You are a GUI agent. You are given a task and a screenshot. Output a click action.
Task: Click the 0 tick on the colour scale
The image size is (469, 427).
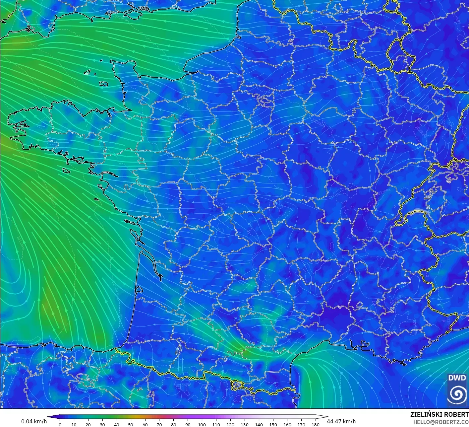click(60, 424)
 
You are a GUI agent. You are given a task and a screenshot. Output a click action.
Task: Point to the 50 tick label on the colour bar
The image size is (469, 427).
click(131, 425)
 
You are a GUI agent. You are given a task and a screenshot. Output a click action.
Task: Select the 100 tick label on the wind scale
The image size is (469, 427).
click(202, 425)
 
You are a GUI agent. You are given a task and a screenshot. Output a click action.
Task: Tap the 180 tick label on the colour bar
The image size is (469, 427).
click(316, 425)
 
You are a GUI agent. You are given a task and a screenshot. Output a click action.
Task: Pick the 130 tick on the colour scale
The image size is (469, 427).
click(245, 424)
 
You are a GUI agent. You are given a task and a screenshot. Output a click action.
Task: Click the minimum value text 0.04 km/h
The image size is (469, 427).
click(34, 421)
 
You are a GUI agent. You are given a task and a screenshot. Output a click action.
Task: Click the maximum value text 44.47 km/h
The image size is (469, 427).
click(341, 421)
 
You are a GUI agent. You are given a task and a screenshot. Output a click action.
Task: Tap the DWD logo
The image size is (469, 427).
click(457, 390)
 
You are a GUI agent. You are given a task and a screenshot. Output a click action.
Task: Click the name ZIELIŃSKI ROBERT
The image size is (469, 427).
click(439, 414)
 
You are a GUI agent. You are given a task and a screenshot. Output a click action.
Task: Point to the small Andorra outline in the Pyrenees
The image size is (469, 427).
click(237, 385)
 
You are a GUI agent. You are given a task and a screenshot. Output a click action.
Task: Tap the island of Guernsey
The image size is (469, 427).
click(88, 72)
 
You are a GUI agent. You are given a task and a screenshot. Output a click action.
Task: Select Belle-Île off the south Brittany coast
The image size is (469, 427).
click(67, 170)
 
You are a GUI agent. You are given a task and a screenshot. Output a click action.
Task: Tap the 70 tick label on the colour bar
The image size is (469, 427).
click(159, 425)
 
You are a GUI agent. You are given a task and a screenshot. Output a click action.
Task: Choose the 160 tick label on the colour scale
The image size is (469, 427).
click(287, 425)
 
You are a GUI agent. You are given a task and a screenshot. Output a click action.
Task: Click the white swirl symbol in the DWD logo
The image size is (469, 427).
click(457, 394)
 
